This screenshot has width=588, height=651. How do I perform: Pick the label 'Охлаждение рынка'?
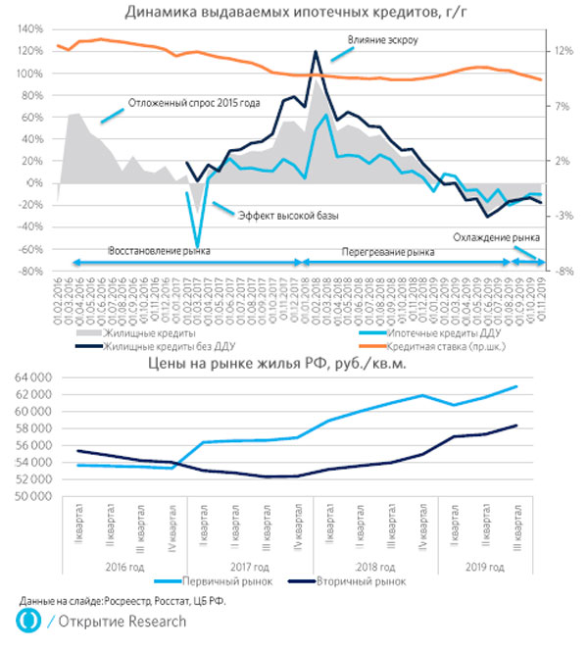[x=497, y=237]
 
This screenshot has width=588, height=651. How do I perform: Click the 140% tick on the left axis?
[x=28, y=29]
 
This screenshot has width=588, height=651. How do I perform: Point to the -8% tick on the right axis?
[x=555, y=272]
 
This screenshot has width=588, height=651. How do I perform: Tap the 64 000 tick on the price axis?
[x=30, y=377]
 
